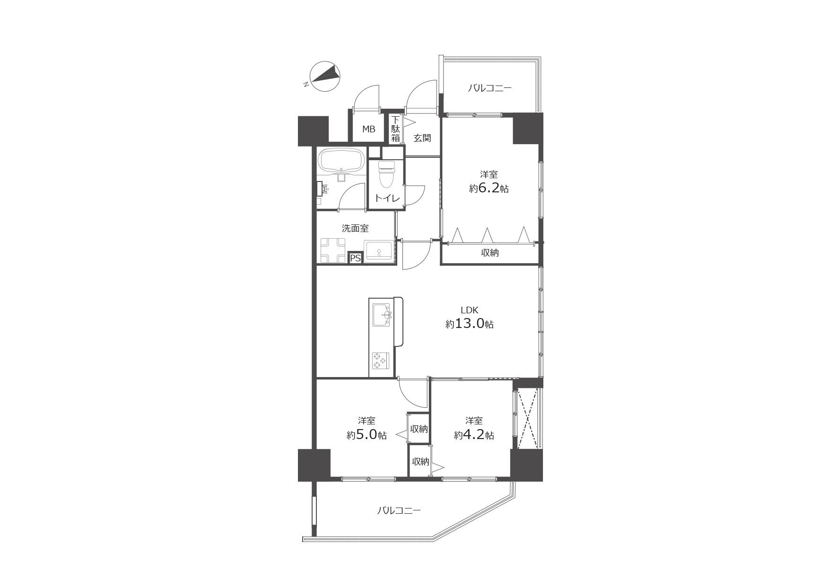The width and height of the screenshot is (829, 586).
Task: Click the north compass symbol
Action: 325,77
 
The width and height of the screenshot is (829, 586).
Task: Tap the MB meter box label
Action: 369,129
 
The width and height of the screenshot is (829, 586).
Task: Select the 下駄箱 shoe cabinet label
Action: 395,129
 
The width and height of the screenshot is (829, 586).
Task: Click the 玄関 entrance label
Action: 422,138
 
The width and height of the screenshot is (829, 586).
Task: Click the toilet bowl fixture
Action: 386,174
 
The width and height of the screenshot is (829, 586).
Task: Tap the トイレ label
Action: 387,198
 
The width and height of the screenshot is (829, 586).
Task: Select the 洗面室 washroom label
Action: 355,228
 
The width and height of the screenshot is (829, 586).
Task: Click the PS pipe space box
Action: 355,259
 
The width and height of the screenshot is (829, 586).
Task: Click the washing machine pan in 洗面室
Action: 333,250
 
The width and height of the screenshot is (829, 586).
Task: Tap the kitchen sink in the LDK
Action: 382,315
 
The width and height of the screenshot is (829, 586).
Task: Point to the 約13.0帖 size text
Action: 469,324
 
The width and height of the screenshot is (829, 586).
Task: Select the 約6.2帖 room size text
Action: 489,189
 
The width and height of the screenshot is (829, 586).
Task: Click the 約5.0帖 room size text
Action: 367,435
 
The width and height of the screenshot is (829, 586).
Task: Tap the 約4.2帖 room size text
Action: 474,435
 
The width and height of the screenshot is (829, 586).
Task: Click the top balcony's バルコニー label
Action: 490,88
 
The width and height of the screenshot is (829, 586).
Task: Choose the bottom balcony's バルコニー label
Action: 399,510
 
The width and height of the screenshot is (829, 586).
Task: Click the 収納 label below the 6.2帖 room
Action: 490,253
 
